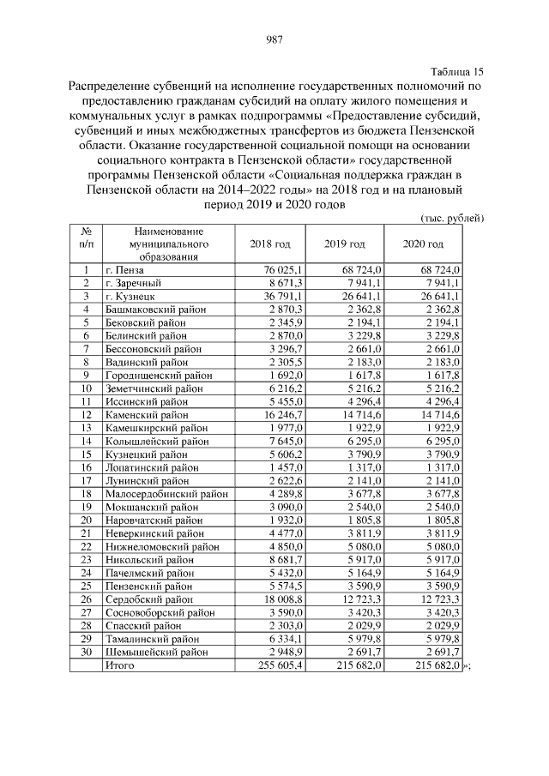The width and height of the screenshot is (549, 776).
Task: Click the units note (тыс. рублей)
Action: [452, 218]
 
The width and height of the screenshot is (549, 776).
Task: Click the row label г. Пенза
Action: [125, 270]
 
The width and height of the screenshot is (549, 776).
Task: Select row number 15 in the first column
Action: [86, 454]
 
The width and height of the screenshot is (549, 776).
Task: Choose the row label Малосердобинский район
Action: [166, 493]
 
